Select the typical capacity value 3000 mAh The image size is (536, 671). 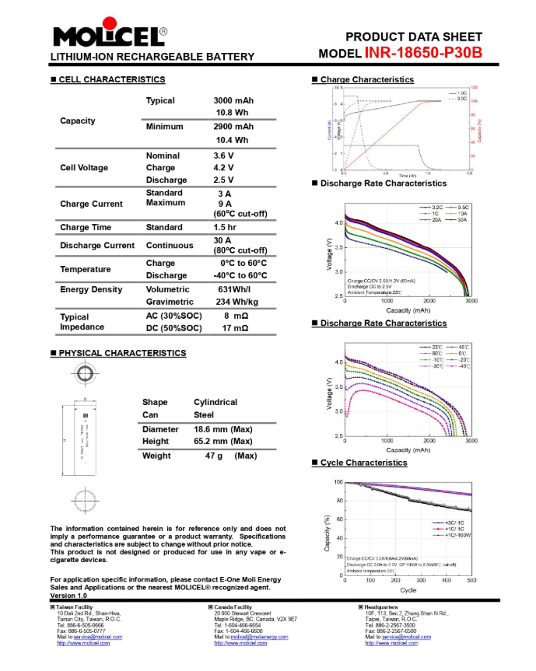point(233,101)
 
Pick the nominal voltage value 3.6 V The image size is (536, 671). point(225,156)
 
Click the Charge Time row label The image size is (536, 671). point(86,228)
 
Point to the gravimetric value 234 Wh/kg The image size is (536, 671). point(237,302)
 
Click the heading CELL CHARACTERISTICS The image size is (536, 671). point(112,80)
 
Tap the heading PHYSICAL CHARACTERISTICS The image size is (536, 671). point(122,353)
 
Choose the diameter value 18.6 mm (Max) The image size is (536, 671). point(225,429)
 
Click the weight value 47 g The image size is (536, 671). point(214,456)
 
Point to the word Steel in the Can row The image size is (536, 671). point(205,415)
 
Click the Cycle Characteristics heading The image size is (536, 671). point(363,463)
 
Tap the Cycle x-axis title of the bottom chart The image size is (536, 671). point(408,590)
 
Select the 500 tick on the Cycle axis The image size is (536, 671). point(471,581)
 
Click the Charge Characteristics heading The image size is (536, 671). point(366,80)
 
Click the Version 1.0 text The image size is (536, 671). point(69,596)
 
